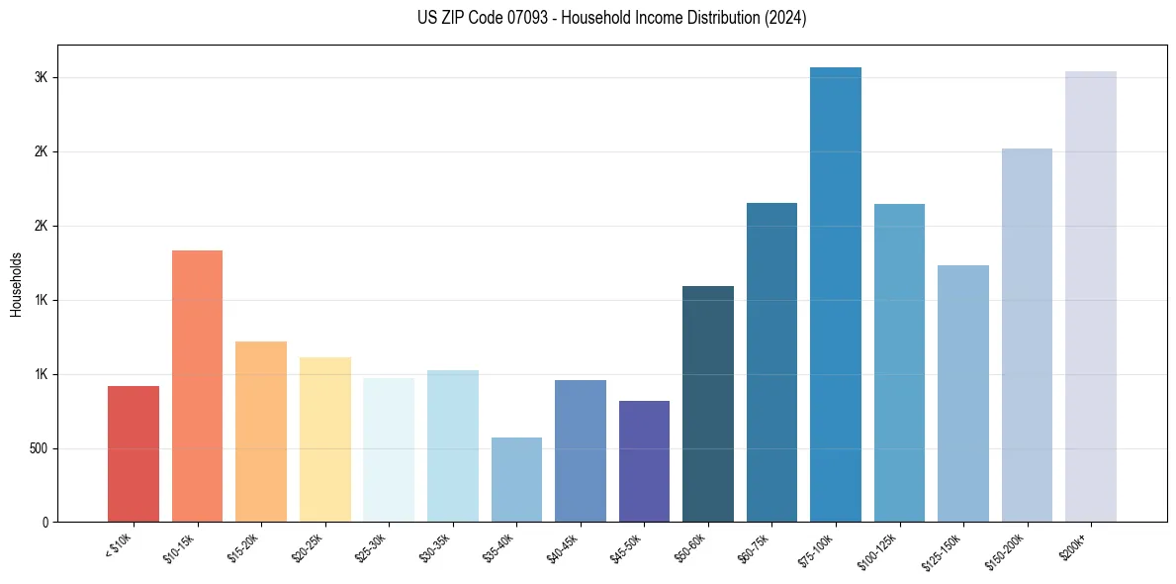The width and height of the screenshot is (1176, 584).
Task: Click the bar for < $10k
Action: (x=134, y=453)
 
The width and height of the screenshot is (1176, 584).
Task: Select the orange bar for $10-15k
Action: (x=197, y=386)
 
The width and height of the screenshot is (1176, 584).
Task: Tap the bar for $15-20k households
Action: (x=261, y=432)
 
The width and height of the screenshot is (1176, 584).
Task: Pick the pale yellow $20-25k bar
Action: (x=325, y=439)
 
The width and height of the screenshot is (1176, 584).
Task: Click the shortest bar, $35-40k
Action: (x=516, y=479)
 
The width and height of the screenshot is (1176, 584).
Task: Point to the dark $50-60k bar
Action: (x=708, y=404)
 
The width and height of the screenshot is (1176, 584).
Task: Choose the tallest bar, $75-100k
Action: (x=836, y=294)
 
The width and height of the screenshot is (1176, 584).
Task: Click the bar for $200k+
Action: (x=1091, y=296)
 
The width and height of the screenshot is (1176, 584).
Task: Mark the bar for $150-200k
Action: (x=1027, y=335)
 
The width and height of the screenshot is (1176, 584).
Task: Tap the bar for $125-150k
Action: (x=963, y=393)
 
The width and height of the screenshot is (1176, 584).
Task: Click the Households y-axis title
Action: (x=16, y=284)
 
